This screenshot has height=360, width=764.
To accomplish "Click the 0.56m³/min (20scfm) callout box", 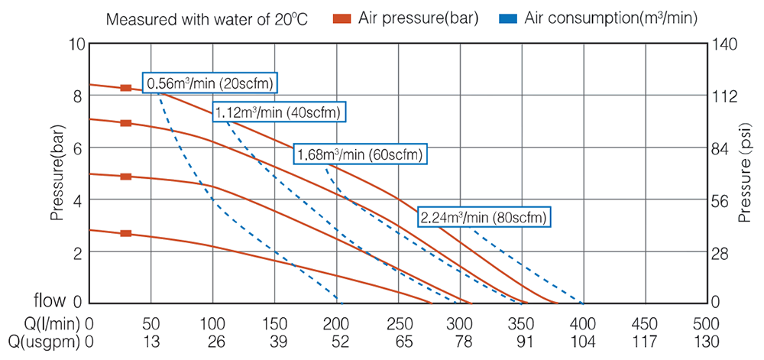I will coord(210,82).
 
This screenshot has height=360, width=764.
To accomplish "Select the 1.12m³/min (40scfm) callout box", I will coord(279,112).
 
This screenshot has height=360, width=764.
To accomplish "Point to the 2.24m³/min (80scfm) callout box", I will coord(484,217).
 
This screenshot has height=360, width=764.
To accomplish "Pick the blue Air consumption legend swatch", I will coord(507,18).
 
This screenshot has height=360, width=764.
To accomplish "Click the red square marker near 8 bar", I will coord(126,88).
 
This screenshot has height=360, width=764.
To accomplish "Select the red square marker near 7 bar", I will coord(126,122).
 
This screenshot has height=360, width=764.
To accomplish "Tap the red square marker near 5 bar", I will coord(126,177).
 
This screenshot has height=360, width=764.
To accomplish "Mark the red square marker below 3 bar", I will coord(126,233).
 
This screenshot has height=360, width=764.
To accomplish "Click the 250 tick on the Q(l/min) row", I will coord(398,323).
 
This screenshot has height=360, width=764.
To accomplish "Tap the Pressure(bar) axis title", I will coord(57,173).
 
